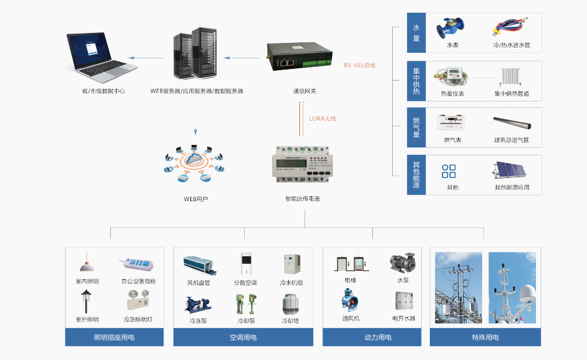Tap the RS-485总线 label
coord(360,65)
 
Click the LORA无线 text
coord(323,118)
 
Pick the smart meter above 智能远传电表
coord(302,165)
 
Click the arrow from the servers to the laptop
coord(146,57)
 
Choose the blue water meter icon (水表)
coord(450,28)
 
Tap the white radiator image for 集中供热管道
coord(511,78)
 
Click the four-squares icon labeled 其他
coord(449,171)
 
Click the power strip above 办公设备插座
coord(137,265)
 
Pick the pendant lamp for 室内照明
coord(87,264)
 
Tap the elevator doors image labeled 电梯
coord(350,263)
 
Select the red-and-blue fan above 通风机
coord(350,300)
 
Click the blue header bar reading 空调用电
coord(243,337)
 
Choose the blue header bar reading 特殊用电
coord(485,337)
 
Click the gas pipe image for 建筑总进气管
coord(512,123)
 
